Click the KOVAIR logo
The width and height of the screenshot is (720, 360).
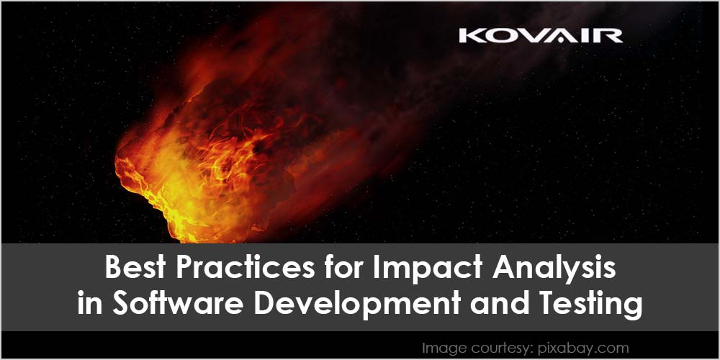541,36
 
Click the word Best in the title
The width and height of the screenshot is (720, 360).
136,267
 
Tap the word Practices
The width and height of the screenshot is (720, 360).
246,267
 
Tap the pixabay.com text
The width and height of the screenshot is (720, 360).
582,348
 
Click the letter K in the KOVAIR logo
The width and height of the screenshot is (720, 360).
469,36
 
